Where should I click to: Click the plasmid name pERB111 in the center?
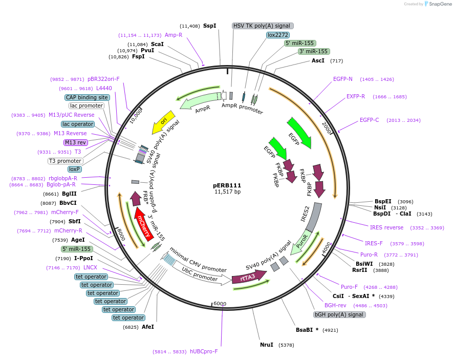pos(227,185)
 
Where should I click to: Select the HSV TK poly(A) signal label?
pos(263,26)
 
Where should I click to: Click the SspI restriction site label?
pos(210,26)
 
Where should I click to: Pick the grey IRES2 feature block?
pos(316,218)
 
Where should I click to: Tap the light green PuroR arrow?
pos(301,245)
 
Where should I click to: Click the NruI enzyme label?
pos(267,345)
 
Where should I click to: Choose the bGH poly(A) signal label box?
pos(339,314)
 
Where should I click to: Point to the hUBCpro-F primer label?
pos(204,351)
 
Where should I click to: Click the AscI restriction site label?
pos(318,60)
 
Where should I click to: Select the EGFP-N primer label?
pos(343,79)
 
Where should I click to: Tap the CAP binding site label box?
pos(87,97)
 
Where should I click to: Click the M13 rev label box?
pos(75,142)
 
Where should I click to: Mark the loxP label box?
pos(75,168)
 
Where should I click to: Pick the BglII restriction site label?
pos(69,194)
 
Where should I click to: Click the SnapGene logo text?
pos(439,4)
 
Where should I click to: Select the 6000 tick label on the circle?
pos(220,304)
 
